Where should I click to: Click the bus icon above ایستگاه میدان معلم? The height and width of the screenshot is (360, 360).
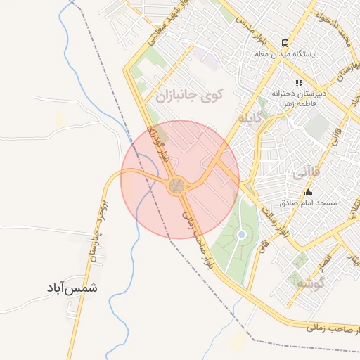tap(285, 42)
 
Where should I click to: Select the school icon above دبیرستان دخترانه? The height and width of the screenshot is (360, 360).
tap(299, 83)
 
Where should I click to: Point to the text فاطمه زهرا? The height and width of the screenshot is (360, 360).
tap(299, 103)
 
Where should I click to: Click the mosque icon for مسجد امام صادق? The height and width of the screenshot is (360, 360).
tap(308, 192)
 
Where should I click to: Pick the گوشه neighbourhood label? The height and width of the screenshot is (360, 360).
tap(309, 284)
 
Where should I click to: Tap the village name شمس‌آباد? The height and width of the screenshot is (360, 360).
tap(72, 288)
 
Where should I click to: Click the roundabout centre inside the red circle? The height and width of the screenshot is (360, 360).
tap(177, 186)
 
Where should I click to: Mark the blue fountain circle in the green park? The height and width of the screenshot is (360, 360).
tap(242, 234)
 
